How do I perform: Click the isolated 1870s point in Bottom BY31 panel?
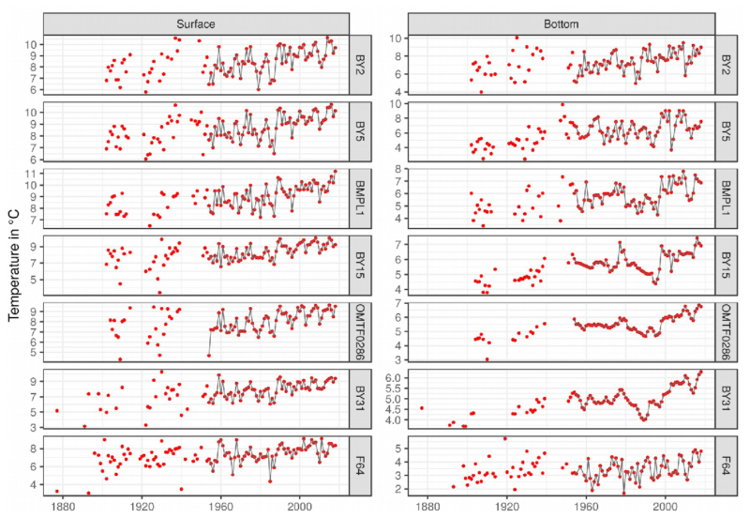pyautogui.click(x=422, y=408)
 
